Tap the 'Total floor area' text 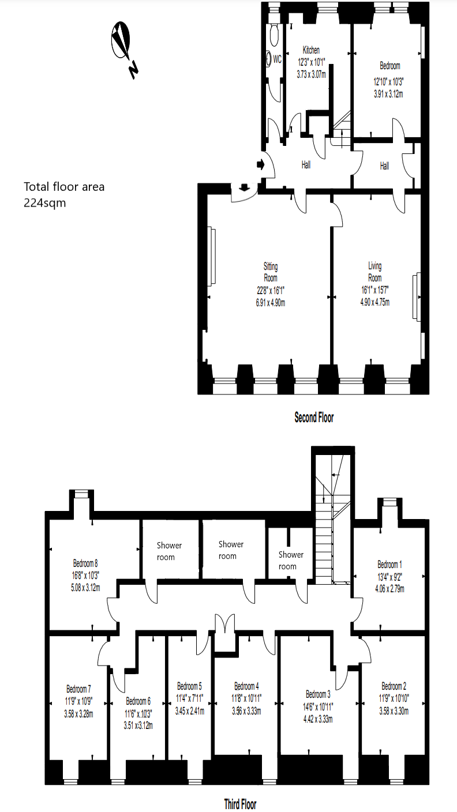[63, 186]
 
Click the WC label [277, 59]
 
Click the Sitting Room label [271, 271]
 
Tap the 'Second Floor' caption [314, 417]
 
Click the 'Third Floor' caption [240, 803]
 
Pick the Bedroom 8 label [85, 563]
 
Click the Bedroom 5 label [189, 686]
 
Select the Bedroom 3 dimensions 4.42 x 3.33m [319, 719]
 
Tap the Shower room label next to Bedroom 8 [170, 551]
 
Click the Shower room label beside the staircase [291, 560]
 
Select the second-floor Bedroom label [386, 66]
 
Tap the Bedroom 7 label [78, 689]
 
